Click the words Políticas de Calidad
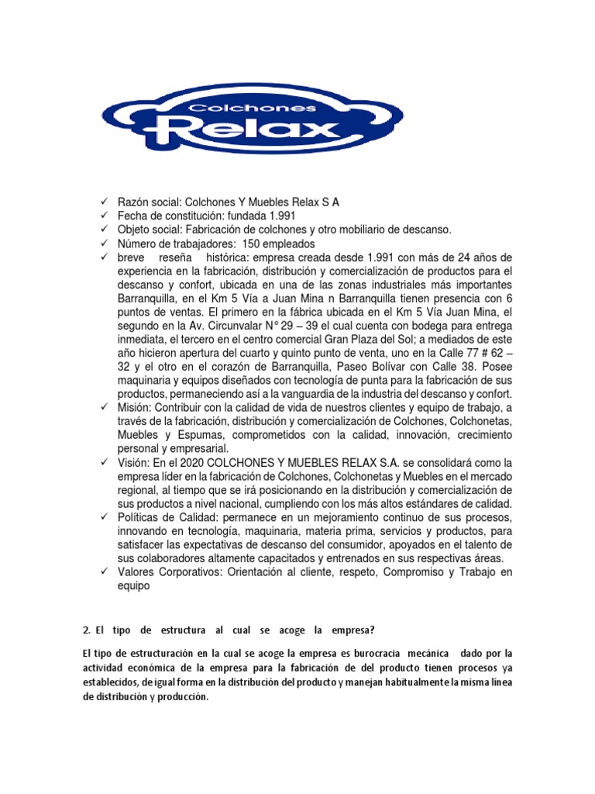[167, 517]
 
